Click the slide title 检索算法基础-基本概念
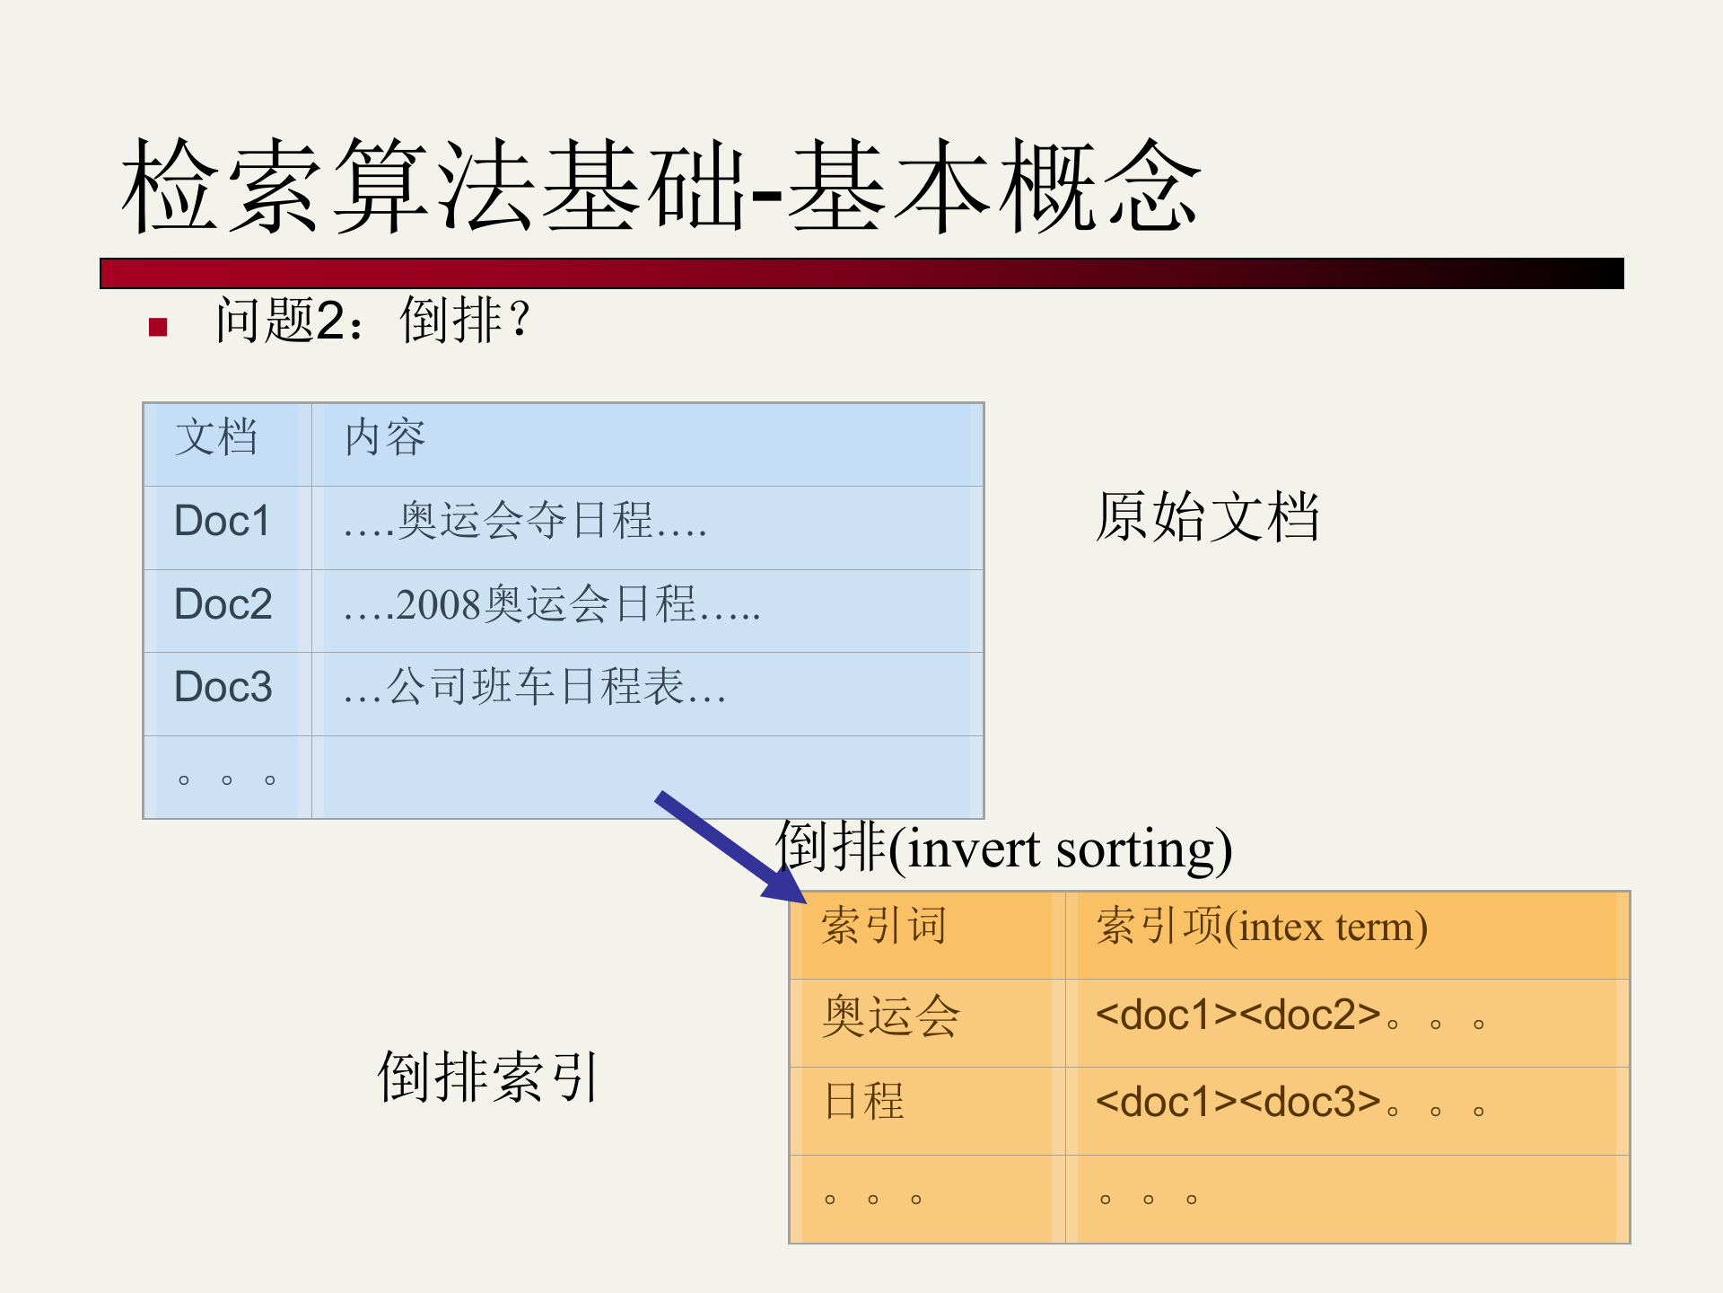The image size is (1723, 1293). (x=661, y=186)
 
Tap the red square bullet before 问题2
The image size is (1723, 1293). (x=159, y=327)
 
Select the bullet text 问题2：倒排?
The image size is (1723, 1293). (x=373, y=321)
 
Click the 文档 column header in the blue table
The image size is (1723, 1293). (x=216, y=438)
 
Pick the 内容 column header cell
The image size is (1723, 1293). (x=385, y=438)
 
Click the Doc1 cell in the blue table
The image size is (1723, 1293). (x=222, y=522)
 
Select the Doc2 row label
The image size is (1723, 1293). (x=223, y=604)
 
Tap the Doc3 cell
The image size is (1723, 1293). (x=223, y=687)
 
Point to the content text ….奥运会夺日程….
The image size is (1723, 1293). (x=525, y=522)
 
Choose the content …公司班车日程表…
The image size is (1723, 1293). (x=535, y=688)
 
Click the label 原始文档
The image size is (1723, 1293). (x=1207, y=517)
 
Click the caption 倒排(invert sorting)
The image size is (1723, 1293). (x=1003, y=848)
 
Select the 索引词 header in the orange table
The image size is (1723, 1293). (x=884, y=927)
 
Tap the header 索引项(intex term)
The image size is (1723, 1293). (x=1261, y=927)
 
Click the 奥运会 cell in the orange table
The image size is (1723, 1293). (x=891, y=1016)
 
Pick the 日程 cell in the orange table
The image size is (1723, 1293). (x=864, y=1102)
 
